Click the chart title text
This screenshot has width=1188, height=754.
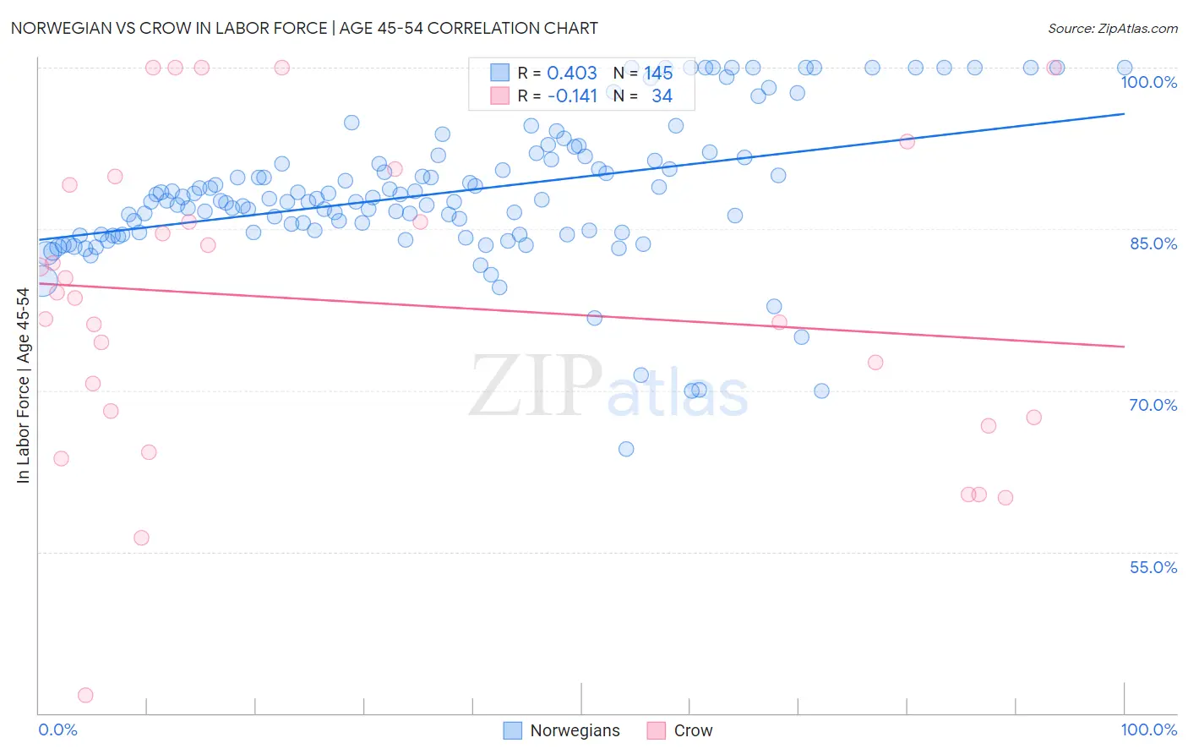304,28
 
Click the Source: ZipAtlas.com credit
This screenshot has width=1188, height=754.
1112,29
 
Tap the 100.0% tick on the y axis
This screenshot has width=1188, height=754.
1148,82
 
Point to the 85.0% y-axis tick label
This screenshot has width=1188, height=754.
1153,243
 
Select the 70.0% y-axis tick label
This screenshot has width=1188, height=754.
1153,405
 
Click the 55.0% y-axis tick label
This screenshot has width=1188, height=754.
1153,567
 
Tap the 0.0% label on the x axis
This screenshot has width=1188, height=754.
57,729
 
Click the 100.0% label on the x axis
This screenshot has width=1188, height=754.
1148,729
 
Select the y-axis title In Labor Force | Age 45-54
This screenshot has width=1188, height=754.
23,385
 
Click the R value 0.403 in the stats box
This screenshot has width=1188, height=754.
572,74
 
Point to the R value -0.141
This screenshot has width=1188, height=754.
572,96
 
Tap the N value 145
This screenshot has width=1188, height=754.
658,74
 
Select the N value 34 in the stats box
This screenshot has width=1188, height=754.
662,96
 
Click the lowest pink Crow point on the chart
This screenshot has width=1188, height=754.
85,695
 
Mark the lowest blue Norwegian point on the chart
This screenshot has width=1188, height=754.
626,449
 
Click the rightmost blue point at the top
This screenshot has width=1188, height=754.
1125,68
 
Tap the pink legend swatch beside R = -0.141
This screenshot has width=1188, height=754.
500,96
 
